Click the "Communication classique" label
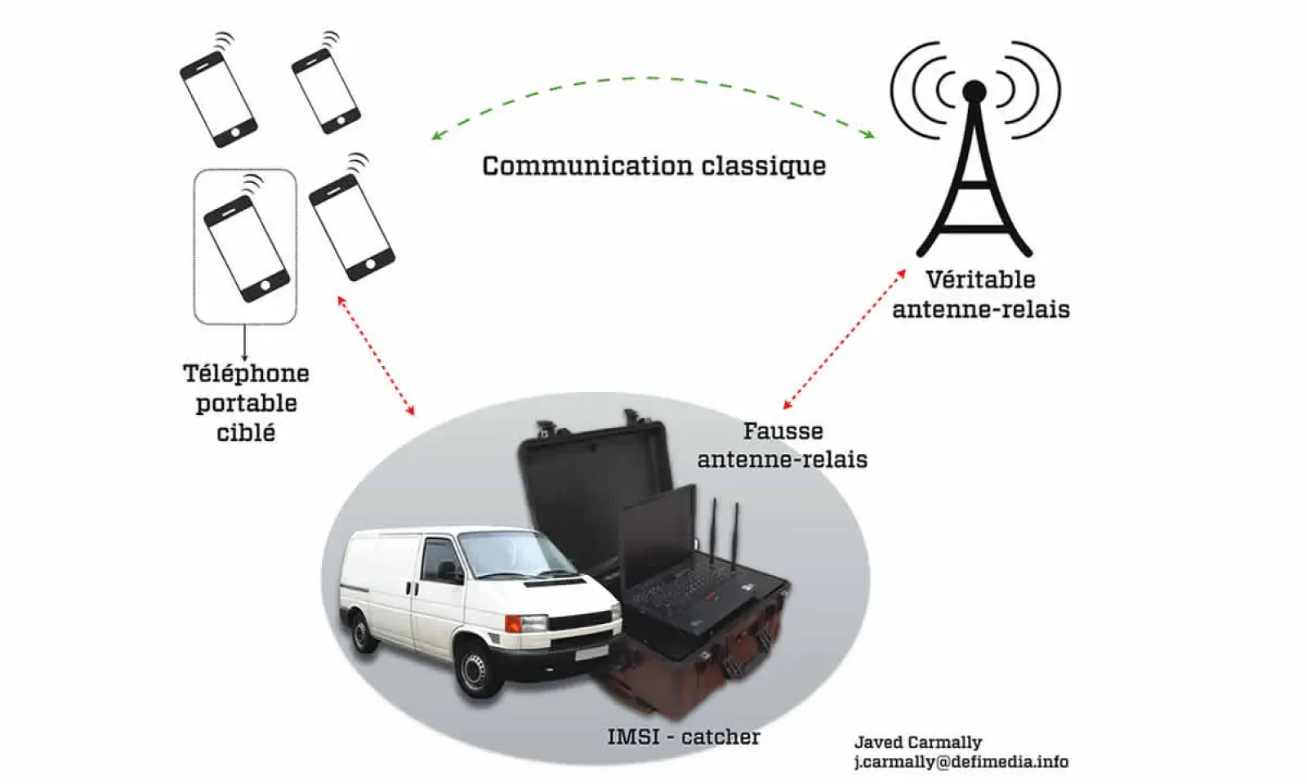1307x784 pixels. tap(653, 166)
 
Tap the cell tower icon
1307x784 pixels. tap(974, 155)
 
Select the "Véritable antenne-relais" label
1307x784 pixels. tap(980, 294)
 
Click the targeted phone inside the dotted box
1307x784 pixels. tap(246, 247)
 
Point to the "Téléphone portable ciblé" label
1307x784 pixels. tap(245, 403)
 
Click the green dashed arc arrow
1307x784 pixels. tap(653, 79)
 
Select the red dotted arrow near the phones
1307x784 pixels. tap(376, 355)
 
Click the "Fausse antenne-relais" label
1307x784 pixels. tap(782, 445)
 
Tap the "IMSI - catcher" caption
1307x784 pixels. tap(683, 737)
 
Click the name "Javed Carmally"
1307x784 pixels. tap(917, 742)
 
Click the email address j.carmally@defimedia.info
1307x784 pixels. tap(961, 762)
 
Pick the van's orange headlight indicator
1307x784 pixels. tap(513, 624)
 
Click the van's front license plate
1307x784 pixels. tap(591, 654)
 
